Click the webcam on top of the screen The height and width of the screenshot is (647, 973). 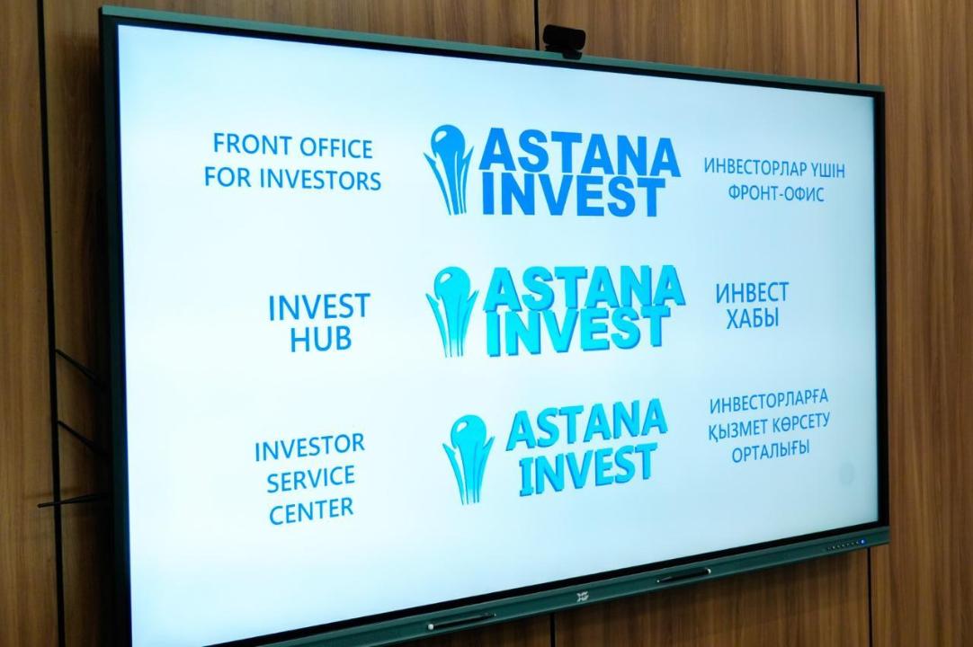[564, 40]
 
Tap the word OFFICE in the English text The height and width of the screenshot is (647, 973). [334, 148]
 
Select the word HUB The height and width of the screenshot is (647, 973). [320, 340]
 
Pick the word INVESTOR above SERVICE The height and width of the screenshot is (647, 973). [309, 448]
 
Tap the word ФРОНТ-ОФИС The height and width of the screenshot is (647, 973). [776, 193]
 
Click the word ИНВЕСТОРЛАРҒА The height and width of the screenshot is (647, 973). [769, 403]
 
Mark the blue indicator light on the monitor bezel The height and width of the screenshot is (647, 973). [861, 543]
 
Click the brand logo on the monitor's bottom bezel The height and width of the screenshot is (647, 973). [582, 598]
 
